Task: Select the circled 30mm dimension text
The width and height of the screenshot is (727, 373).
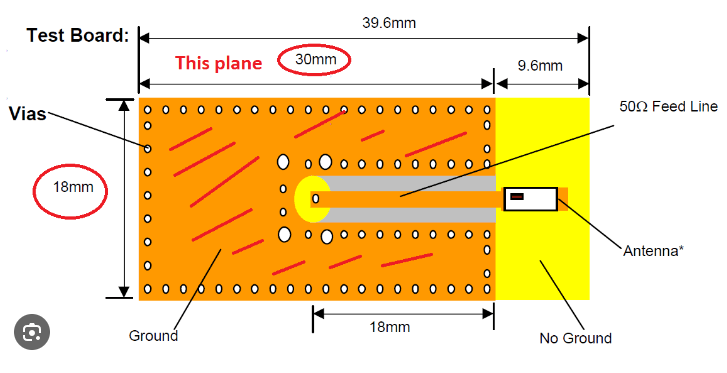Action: (x=315, y=61)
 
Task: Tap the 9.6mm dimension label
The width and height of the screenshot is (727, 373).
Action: (x=540, y=66)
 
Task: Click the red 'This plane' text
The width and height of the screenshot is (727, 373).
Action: (x=218, y=63)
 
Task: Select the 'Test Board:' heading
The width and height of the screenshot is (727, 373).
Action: (x=78, y=35)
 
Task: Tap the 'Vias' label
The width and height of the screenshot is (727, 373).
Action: (x=27, y=113)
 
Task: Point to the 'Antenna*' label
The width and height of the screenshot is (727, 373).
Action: (x=653, y=250)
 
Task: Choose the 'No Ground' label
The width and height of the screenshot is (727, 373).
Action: (x=575, y=338)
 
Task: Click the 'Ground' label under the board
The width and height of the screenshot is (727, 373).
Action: (x=153, y=336)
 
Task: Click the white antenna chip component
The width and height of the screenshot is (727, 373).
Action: (x=531, y=198)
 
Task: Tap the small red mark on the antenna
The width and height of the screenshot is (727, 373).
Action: (x=517, y=197)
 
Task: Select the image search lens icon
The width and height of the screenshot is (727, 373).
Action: (x=32, y=331)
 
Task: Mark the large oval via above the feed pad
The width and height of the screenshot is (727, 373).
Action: (x=283, y=161)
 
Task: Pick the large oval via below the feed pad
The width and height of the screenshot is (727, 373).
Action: (x=284, y=236)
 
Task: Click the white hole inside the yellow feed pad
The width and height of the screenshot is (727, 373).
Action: (x=316, y=198)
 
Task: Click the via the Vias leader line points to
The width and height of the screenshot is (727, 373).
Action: (x=148, y=149)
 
